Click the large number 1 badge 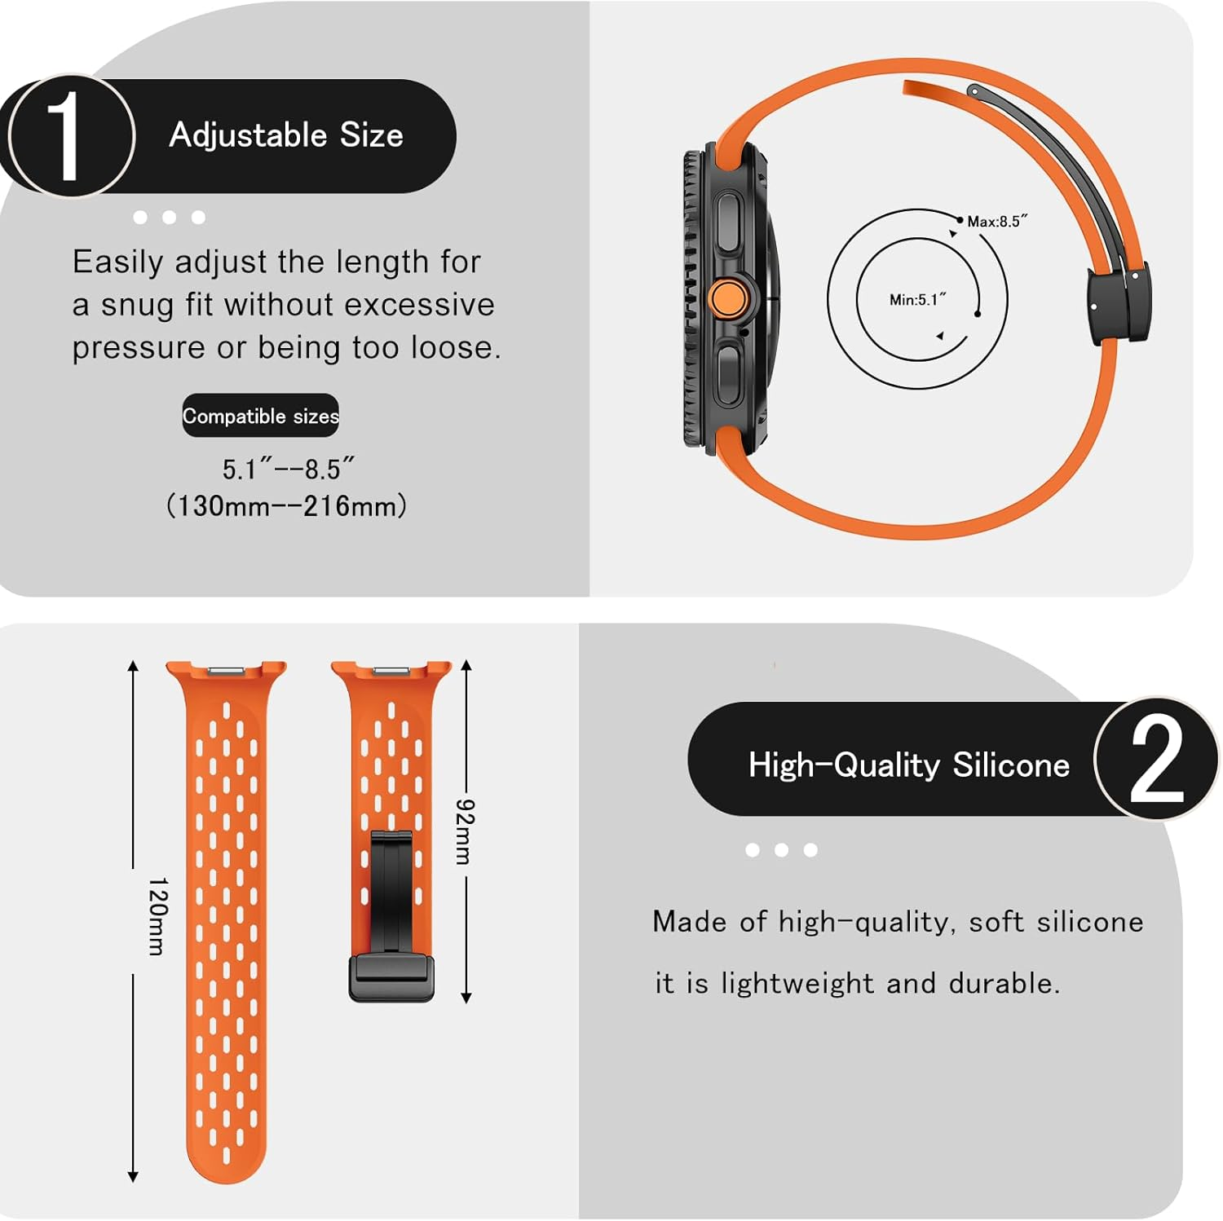coord(69,136)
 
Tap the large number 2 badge coord(1155,760)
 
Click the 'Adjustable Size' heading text coord(286,135)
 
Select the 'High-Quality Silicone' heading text coord(908,765)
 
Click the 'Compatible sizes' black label coord(260,417)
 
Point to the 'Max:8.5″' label coord(996,222)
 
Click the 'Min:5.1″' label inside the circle coord(917,300)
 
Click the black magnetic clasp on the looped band coord(1119,304)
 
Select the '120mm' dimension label coord(157,916)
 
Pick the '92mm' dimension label coord(464,831)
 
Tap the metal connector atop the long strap coord(227,670)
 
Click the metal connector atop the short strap coord(391,670)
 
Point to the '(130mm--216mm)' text coord(286,506)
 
